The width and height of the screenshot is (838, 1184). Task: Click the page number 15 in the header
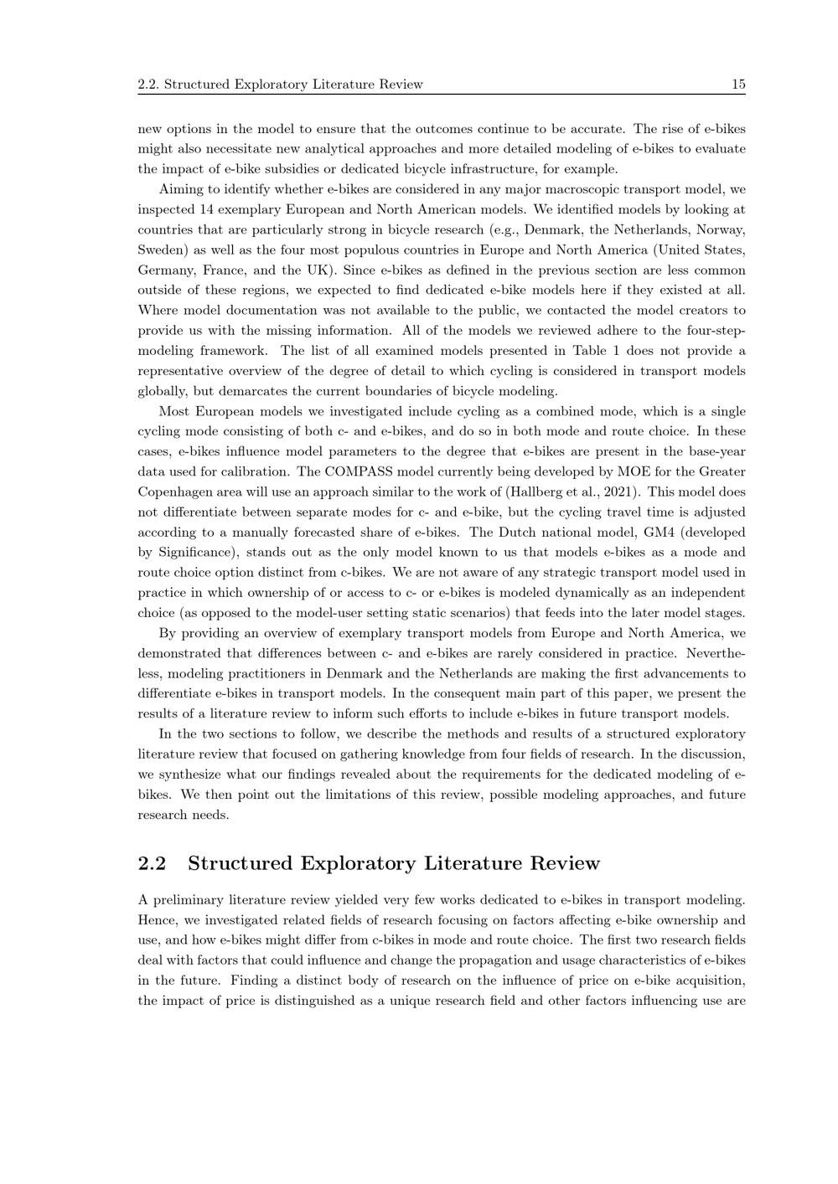738,84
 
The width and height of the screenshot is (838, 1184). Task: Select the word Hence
156,920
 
